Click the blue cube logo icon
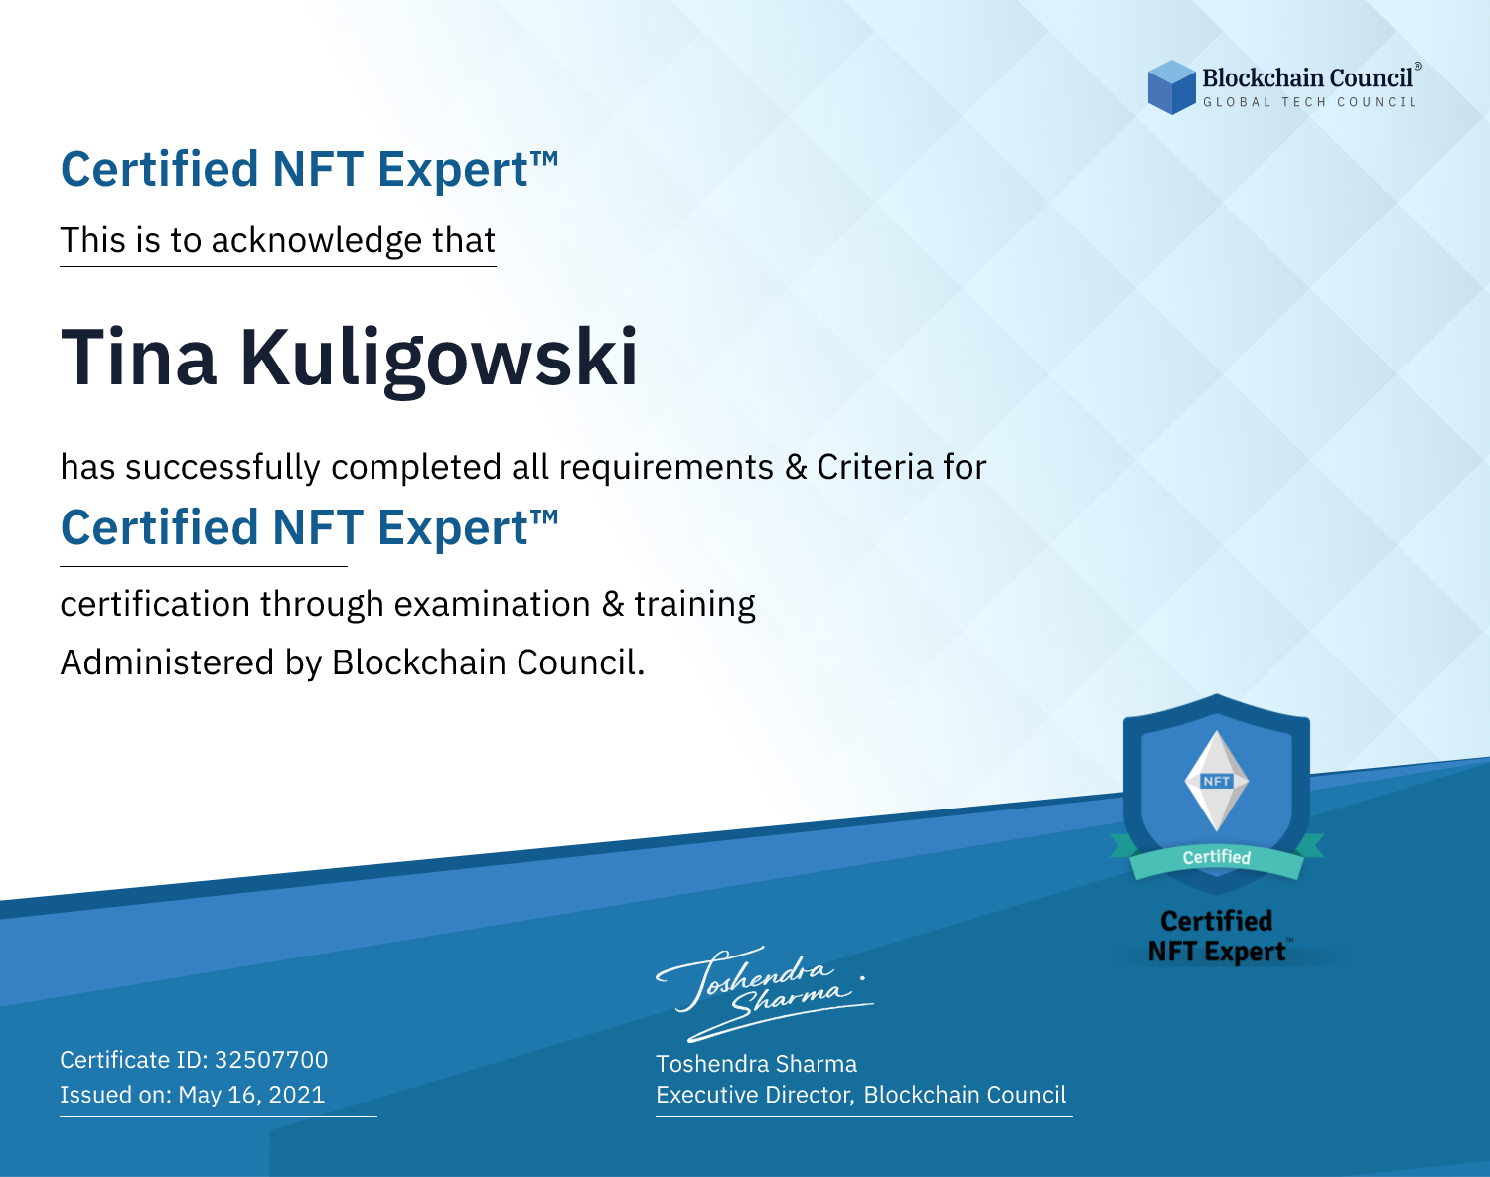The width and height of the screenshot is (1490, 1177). [x=1171, y=87]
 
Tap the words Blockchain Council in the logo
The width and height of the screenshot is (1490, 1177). [x=1307, y=77]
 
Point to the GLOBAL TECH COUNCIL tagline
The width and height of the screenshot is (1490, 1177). [x=1310, y=102]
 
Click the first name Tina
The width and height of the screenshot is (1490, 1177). [x=138, y=358]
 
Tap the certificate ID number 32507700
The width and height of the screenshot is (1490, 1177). [x=271, y=1059]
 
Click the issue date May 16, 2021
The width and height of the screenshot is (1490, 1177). [x=251, y=1094]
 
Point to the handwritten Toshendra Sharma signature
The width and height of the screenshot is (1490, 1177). [x=765, y=993]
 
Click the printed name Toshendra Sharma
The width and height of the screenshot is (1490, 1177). [x=756, y=1064]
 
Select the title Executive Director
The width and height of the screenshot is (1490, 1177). [x=753, y=1095]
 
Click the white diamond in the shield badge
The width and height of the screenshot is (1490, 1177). [x=1217, y=781]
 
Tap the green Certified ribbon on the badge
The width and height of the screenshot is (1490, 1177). [x=1217, y=858]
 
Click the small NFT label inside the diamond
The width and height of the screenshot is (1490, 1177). [x=1217, y=781]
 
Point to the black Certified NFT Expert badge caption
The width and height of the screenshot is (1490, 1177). [x=1217, y=937]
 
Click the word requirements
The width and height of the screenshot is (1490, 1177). [x=667, y=467]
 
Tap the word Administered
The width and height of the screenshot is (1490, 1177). [x=167, y=662]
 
